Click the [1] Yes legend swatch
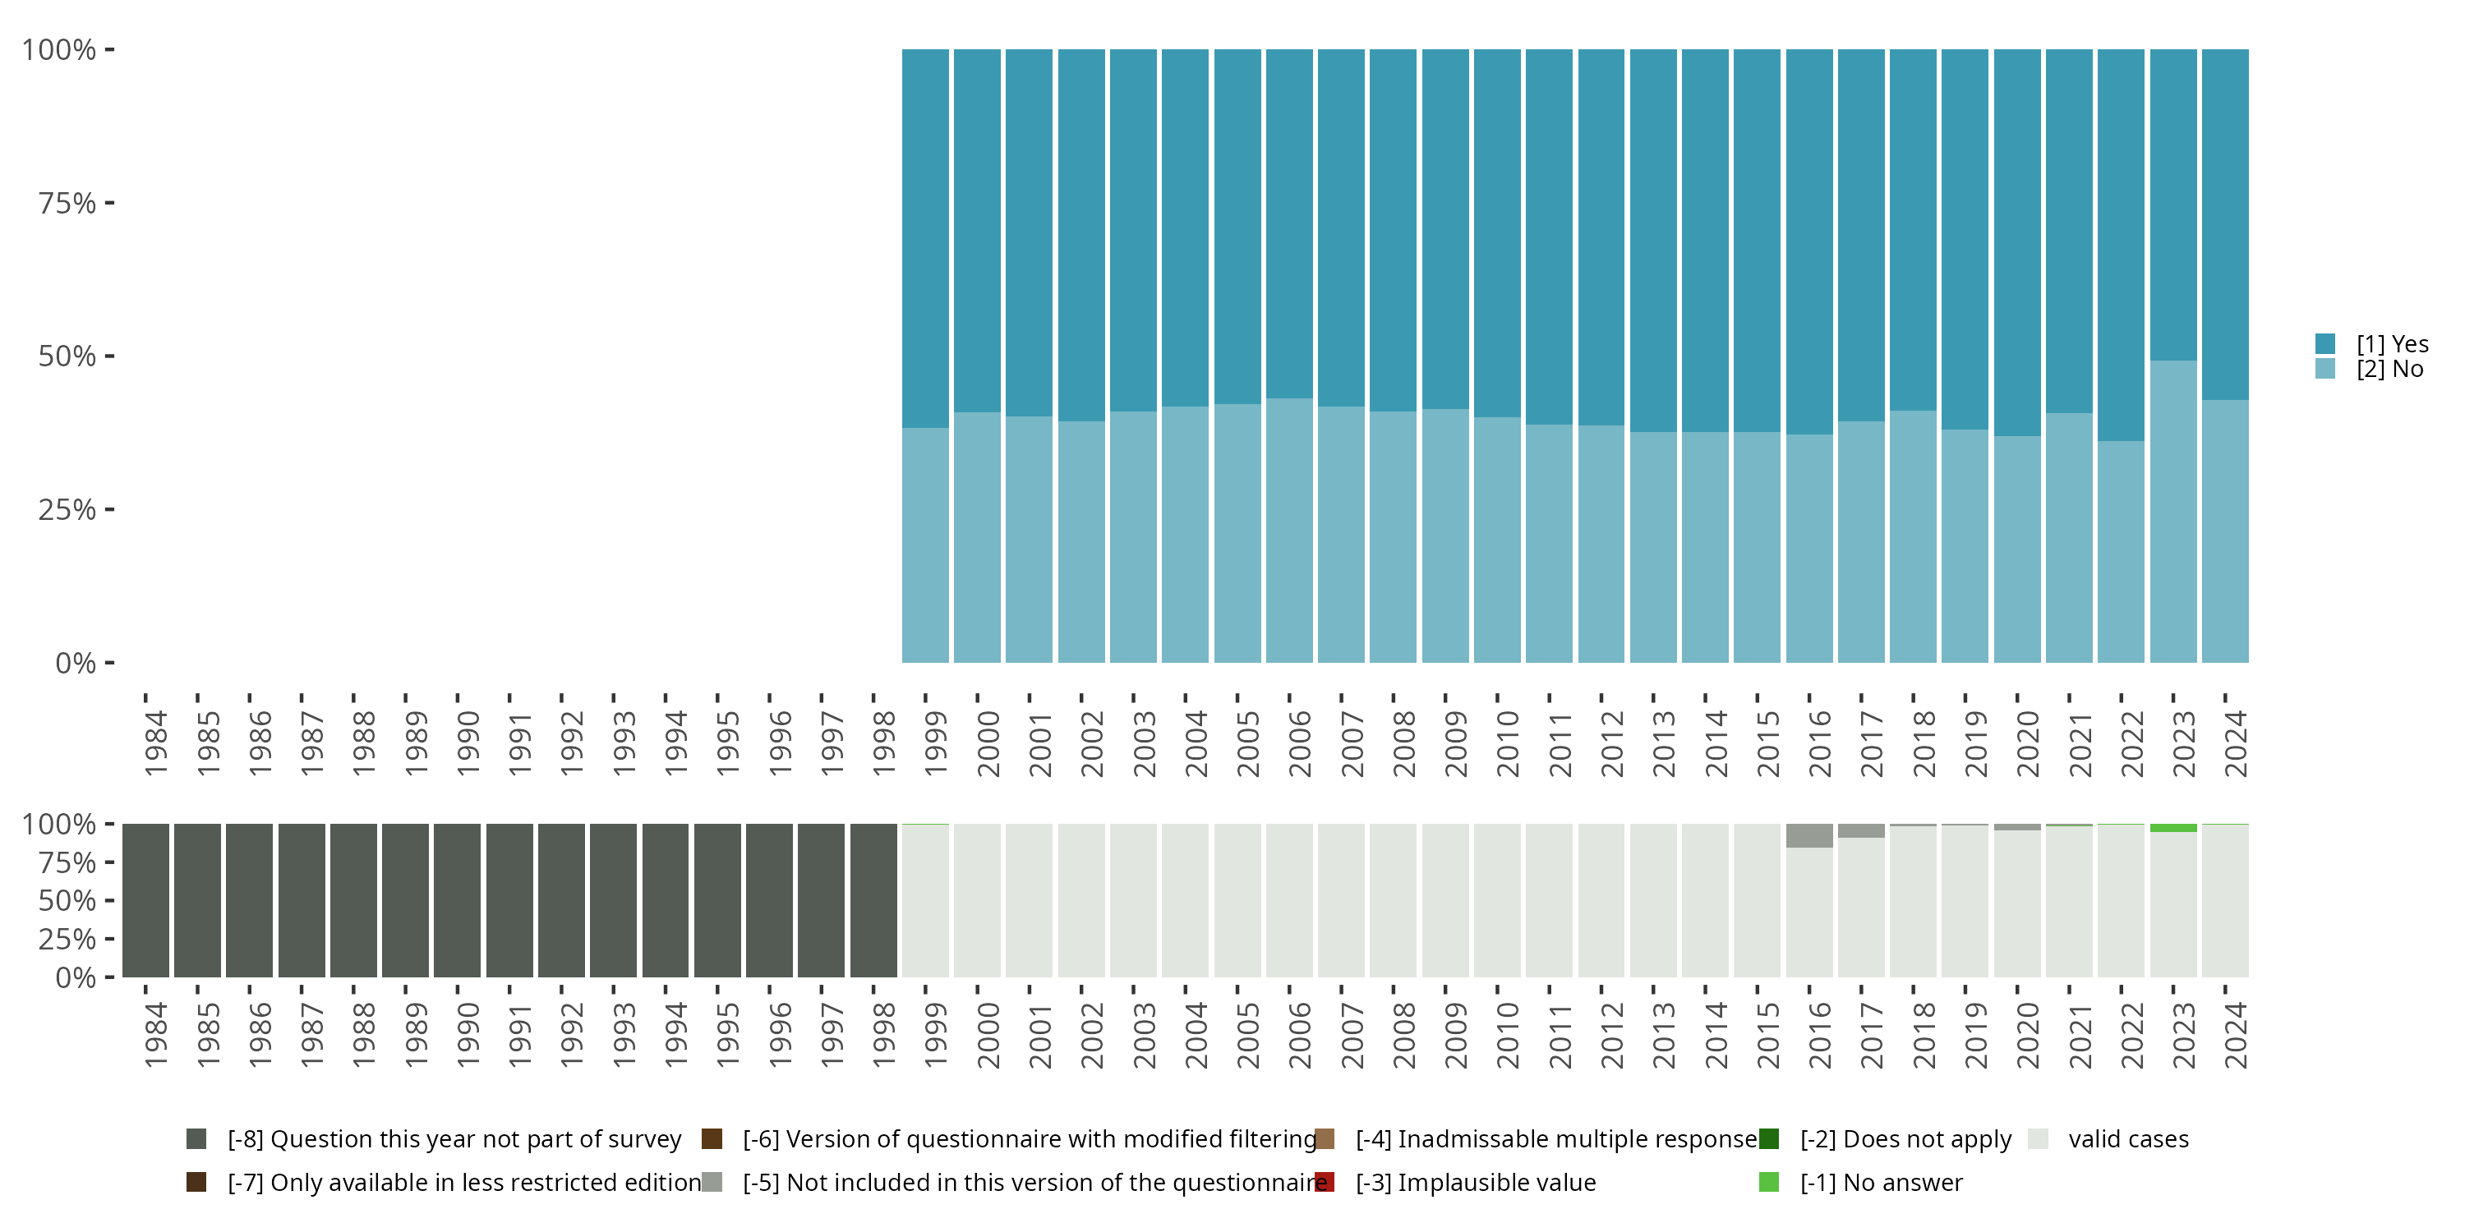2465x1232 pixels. tap(2324, 343)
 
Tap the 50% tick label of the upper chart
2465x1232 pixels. tap(67, 356)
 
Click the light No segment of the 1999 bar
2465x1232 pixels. tap(925, 545)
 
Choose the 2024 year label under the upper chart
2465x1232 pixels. tap(2235, 743)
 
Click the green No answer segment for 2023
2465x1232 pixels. tap(2172, 827)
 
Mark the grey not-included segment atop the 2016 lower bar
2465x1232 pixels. tap(1808, 835)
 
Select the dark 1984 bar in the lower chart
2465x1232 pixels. tap(145, 900)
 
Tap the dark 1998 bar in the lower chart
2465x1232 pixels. tap(873, 900)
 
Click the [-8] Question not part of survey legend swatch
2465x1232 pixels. tap(196, 1138)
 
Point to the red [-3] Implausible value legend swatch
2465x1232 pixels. tap(1325, 1182)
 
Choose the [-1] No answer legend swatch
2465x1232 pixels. tap(1768, 1182)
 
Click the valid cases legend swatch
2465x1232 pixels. tap(2039, 1138)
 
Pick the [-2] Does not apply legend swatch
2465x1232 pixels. tap(1768, 1138)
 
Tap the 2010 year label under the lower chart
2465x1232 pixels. tap(1507, 1035)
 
